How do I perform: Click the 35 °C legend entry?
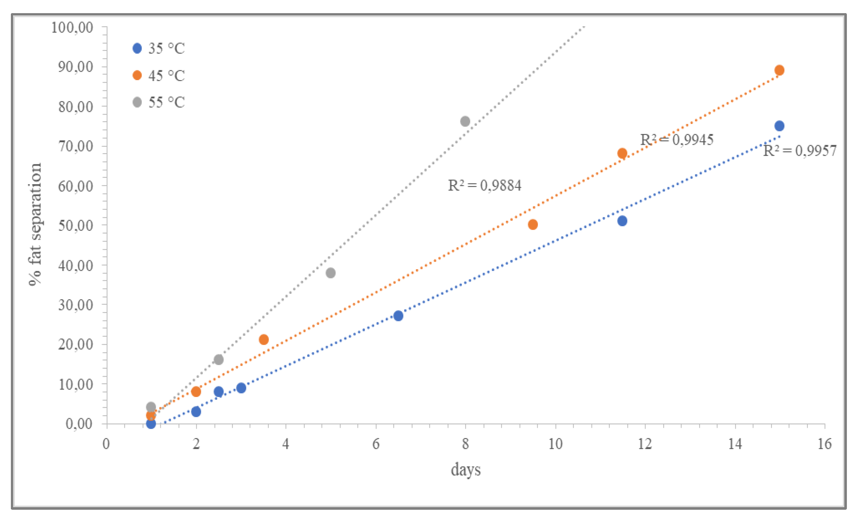coord(159,48)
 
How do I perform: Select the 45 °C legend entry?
coord(159,76)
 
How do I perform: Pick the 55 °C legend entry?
coord(159,102)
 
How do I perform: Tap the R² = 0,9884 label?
coord(484,186)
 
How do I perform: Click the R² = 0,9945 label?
coord(676,140)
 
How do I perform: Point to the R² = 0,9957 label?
coord(800,151)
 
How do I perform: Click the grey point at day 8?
coord(465,121)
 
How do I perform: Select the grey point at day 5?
coord(330,273)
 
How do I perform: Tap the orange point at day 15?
coord(779,70)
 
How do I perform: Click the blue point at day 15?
coord(779,126)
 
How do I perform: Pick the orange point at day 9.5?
coord(533,224)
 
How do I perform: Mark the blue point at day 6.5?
coord(398,316)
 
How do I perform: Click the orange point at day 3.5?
coord(264,339)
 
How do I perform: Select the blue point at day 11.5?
coord(622,221)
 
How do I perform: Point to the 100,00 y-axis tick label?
coord(72,27)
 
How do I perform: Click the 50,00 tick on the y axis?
coord(76,226)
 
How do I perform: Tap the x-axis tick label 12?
coord(645,444)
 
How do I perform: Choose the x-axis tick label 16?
coord(824,444)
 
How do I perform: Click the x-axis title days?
coord(466,470)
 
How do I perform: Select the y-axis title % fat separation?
coord(35,224)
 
